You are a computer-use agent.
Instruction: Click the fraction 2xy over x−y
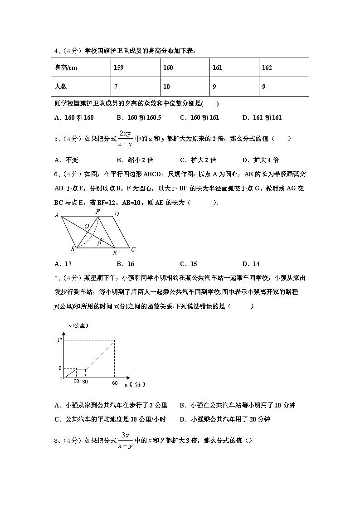pyautogui.click(x=125, y=139)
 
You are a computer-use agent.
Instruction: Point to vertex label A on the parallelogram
pyautogui.click(x=57, y=215)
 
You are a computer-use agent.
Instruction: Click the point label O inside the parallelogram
pyautogui.click(x=86, y=226)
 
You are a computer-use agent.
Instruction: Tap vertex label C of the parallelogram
pyautogui.click(x=133, y=249)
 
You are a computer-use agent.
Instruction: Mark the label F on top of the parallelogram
pyautogui.click(x=97, y=212)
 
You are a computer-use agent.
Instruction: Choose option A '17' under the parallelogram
pyautogui.click(x=63, y=264)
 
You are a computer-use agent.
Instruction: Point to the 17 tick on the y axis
pyautogui.click(x=59, y=340)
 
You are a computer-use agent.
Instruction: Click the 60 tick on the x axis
pyautogui.click(x=115, y=383)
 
